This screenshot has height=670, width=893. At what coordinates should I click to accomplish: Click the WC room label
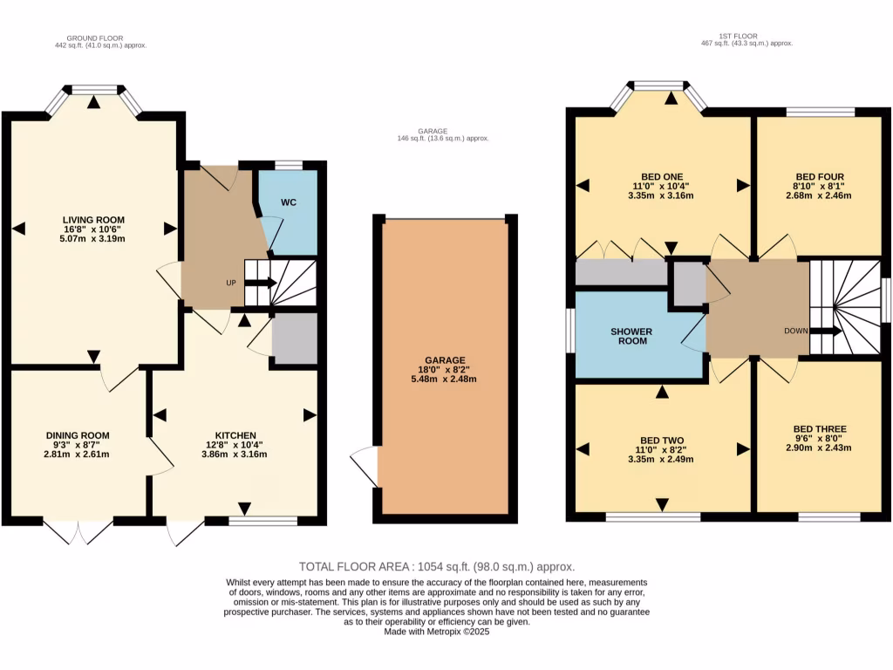click(290, 202)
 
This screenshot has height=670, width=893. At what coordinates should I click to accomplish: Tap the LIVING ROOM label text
click(93, 220)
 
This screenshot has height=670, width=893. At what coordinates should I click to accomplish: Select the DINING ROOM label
click(78, 434)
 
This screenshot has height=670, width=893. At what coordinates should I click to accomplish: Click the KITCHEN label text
click(235, 434)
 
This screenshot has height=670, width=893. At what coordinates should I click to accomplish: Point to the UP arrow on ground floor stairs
click(261, 283)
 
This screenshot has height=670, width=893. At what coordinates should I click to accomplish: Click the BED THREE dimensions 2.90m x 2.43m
click(819, 448)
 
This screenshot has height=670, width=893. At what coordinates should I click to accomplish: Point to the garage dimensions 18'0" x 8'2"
click(446, 369)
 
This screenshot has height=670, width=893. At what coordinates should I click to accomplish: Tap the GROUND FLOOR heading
click(95, 38)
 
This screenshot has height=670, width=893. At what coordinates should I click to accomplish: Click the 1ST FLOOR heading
click(737, 36)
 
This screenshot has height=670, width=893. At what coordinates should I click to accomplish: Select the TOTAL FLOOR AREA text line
click(437, 566)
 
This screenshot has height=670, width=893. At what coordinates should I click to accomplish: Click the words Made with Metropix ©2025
click(437, 632)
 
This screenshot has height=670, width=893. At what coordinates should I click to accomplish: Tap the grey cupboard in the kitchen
click(294, 339)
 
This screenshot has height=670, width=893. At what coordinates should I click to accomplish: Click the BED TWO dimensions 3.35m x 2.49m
click(662, 459)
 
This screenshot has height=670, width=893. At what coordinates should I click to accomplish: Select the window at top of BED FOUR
click(820, 111)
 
